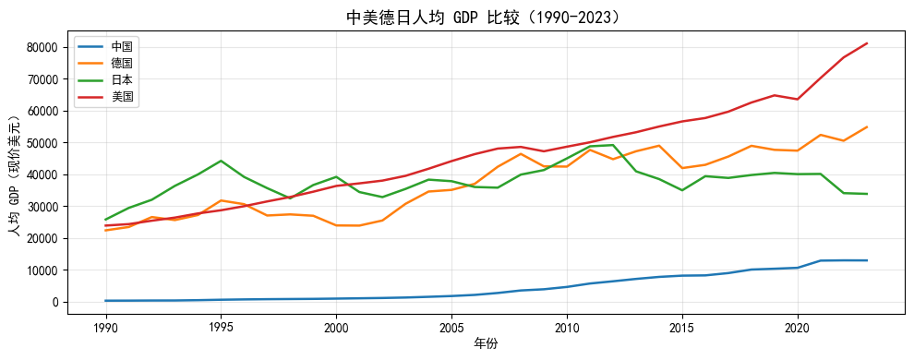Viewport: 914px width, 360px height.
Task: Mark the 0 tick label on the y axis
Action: (57, 303)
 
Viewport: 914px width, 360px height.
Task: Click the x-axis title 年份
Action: (486, 344)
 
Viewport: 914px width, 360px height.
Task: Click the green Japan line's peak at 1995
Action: (221, 161)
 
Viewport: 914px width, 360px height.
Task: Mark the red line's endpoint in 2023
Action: (867, 43)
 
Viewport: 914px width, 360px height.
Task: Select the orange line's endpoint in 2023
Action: (867, 127)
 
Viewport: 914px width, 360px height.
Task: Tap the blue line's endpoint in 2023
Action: (867, 260)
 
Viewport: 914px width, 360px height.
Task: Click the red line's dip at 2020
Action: (798, 99)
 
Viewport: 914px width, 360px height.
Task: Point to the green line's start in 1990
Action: (105, 220)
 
